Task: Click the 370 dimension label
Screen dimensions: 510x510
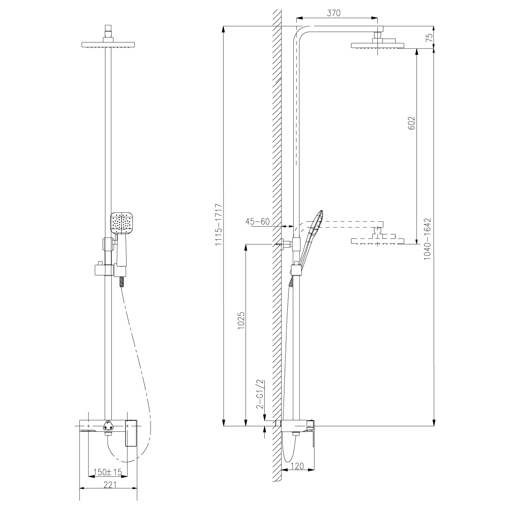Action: (334, 13)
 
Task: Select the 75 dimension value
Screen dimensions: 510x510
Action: (430, 37)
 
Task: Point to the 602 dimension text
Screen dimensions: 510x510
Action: (411, 123)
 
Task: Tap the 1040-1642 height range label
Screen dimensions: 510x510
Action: (427, 239)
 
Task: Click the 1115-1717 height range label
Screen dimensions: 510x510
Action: (218, 224)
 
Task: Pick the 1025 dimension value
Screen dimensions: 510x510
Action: (241, 320)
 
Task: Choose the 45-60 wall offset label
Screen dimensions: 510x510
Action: (258, 221)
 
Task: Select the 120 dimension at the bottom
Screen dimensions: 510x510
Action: (297, 466)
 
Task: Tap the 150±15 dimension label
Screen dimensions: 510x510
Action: (108, 472)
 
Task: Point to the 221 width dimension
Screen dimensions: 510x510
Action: (110, 485)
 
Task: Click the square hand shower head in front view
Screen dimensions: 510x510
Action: (121, 223)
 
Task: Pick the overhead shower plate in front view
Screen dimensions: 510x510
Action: (108, 45)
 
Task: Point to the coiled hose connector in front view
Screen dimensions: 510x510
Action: (122, 282)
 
